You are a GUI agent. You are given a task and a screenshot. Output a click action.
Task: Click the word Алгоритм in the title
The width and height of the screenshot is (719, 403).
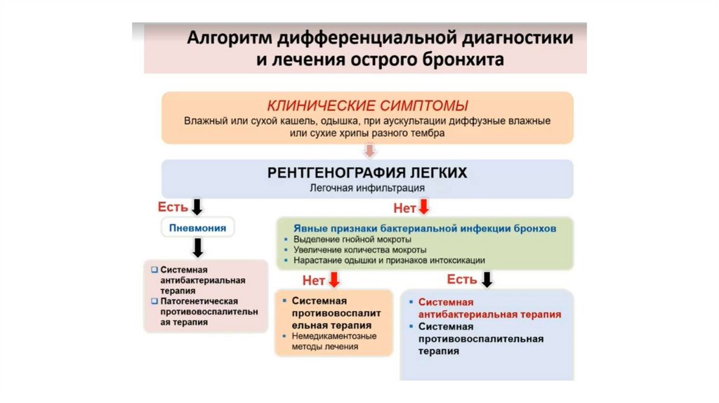click(x=227, y=38)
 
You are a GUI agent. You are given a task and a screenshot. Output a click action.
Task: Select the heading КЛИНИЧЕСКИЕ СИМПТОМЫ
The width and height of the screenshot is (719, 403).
click(x=367, y=106)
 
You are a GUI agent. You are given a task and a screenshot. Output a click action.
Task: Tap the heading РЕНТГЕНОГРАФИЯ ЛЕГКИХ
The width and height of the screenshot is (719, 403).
click(x=367, y=173)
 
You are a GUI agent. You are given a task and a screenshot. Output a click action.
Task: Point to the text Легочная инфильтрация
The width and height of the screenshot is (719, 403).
click(x=367, y=188)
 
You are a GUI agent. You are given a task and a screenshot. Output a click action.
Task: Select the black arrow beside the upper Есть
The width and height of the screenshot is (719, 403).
click(x=197, y=206)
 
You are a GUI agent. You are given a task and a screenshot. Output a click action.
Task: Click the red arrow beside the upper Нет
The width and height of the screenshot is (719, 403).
click(x=423, y=207)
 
